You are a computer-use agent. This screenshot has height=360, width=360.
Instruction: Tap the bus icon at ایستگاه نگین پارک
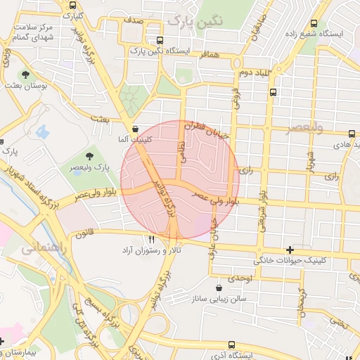(161, 40)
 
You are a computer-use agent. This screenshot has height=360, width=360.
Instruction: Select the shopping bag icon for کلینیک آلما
(136, 129)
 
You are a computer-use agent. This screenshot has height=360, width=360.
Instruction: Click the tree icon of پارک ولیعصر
(89, 155)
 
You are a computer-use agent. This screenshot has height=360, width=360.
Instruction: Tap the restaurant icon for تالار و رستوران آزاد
(151, 240)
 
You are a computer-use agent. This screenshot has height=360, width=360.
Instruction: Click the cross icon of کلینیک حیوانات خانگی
(290, 250)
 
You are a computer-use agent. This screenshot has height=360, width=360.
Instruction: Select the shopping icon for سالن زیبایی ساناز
(219, 288)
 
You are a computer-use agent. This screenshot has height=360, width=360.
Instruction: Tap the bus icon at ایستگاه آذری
(233, 345)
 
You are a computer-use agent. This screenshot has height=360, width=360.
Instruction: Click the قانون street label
(84, 233)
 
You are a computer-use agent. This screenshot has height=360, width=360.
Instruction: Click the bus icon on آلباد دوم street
(273, 91)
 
